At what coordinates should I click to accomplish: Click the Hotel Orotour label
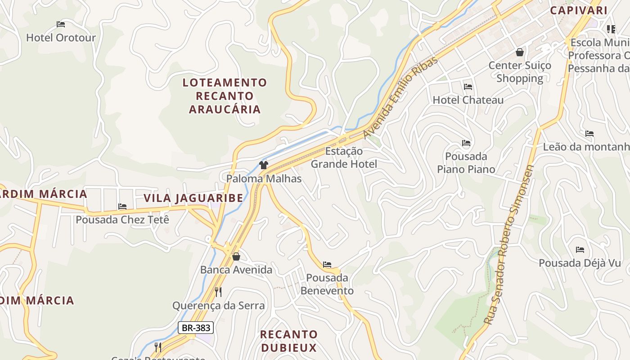pos(61,37)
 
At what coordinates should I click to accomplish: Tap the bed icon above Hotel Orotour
pos(61,24)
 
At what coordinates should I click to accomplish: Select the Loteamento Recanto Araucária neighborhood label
pos(225,96)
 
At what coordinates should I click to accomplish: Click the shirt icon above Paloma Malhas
pos(264,165)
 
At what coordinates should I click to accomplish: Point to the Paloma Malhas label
pos(264,179)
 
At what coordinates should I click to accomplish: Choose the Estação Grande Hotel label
pos(344,157)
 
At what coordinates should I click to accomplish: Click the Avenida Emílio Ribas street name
pos(400,98)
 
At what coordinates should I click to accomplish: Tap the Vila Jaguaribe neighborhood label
pos(193,198)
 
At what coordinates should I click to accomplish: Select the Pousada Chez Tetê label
pos(122,220)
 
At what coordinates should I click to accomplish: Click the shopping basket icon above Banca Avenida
pos(236,257)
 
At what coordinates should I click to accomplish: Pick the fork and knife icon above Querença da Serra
pos(218,292)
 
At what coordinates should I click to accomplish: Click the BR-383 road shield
pos(196,328)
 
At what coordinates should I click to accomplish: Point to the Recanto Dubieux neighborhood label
pos(289,341)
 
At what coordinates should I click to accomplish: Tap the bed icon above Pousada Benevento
pos(327,265)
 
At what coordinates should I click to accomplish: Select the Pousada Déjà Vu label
pos(580,263)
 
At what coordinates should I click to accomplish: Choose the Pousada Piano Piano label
pos(466,163)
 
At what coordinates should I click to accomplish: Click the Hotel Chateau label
pos(468,100)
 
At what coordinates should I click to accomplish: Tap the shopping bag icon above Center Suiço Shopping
pos(520,53)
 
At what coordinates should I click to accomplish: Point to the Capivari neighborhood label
pos(579,10)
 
